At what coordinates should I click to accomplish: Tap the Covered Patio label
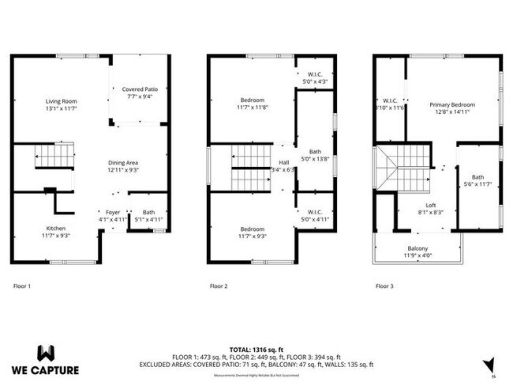click(x=140, y=89)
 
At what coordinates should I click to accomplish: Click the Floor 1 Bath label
click(x=148, y=212)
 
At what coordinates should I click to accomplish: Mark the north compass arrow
click(x=490, y=362)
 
